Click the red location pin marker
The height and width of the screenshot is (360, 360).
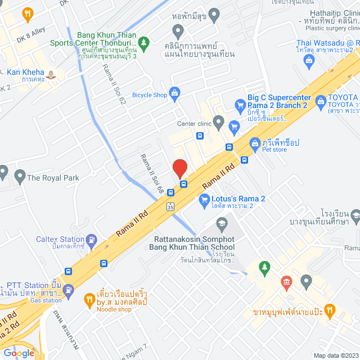coord(179,169)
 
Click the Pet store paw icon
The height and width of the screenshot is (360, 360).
coord(255,143)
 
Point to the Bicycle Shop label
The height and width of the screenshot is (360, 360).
coord(148,95)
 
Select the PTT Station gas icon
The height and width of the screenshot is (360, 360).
coord(68,290)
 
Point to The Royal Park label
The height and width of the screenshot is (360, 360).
coord(53,178)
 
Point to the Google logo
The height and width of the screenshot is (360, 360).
coord(19,353)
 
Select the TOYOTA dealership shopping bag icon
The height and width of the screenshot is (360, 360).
coord(321,101)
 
